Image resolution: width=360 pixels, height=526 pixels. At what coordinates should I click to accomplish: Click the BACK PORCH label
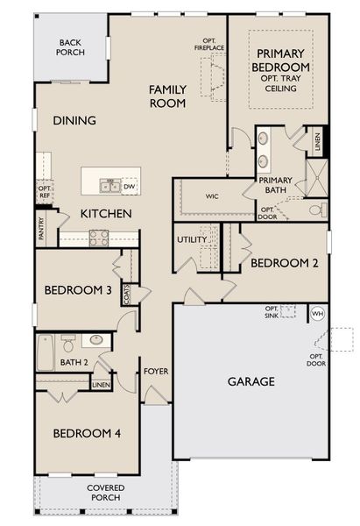click(x=71, y=46)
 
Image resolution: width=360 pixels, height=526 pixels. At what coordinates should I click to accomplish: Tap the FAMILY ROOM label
click(x=166, y=96)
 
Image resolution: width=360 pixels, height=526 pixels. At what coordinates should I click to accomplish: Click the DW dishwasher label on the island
click(x=129, y=186)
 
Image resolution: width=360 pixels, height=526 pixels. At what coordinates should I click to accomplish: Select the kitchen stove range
click(x=96, y=235)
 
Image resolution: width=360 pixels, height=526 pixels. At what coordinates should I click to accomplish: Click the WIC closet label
click(x=212, y=196)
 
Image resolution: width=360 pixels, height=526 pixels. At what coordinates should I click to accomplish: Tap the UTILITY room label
click(x=191, y=238)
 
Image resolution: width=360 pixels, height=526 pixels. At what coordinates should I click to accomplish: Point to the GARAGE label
click(x=251, y=381)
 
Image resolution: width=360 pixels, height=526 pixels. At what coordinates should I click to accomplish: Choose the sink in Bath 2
click(x=96, y=340)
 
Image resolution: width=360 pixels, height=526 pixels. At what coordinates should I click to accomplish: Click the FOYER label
click(x=156, y=371)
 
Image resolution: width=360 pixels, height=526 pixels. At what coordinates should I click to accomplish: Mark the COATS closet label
click(x=127, y=299)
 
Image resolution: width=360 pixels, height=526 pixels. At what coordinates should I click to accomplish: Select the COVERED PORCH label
click(x=105, y=492)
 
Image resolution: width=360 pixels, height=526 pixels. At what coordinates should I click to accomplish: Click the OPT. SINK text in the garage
click(x=273, y=311)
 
